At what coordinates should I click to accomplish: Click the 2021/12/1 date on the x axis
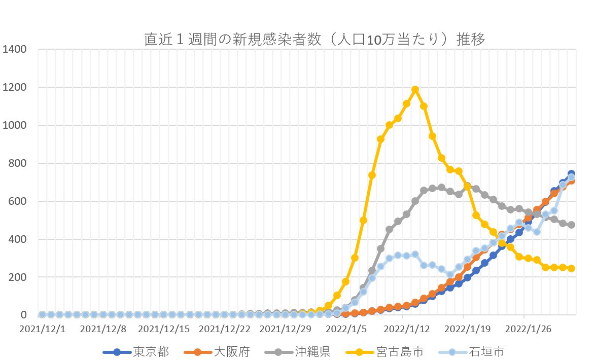(42, 329)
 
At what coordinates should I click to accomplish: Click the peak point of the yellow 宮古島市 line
(415, 90)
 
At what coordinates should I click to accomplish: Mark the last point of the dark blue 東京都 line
(571, 174)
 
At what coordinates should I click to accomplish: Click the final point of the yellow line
(571, 268)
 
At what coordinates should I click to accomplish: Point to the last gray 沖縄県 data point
(571, 225)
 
